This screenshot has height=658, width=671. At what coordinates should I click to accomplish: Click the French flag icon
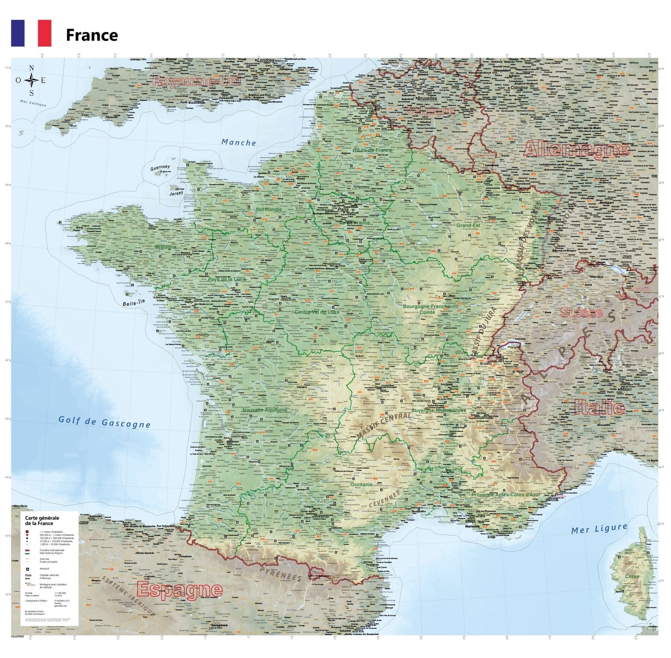coord(31,33)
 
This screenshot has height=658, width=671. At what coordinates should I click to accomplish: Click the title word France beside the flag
coord(92,35)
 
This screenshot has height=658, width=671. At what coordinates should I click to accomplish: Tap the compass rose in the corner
coord(31,81)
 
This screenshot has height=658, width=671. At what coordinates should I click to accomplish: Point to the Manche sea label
coord(239,143)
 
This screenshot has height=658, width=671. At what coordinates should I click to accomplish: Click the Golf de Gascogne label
coord(104,422)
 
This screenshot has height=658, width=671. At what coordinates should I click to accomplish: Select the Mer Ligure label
coord(599,529)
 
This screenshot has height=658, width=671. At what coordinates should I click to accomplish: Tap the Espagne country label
coord(179,590)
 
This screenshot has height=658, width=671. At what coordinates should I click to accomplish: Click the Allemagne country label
coord(577,149)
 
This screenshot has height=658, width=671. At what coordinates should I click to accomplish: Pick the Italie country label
coord(599,407)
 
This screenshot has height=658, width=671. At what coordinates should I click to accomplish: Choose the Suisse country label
coord(582,313)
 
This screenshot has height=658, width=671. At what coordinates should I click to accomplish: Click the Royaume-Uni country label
coord(196,81)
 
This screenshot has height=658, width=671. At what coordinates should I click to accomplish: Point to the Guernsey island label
coord(160,168)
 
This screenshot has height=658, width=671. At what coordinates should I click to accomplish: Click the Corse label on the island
coord(632,576)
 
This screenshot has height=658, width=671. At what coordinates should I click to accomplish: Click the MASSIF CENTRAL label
coord(383,426)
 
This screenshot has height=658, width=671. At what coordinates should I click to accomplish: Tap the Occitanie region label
coord(361,484)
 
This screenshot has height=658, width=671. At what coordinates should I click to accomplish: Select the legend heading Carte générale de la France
coord(42,520)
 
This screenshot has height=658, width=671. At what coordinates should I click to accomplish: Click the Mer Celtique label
coord(33,103)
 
